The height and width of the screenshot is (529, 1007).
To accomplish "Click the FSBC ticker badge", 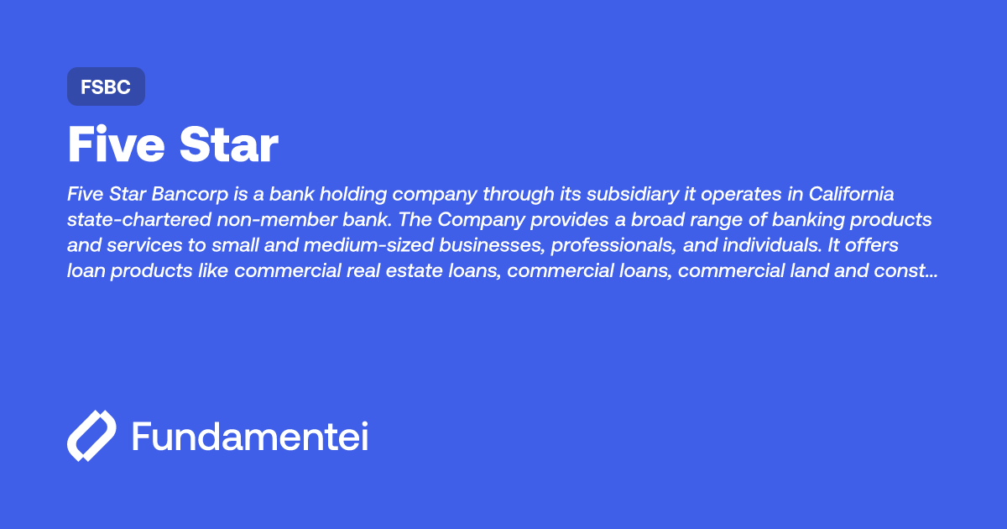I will point(106,86).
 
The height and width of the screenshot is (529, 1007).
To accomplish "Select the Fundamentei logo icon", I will point(91,436).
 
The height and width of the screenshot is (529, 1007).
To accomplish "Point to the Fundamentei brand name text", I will point(250,436).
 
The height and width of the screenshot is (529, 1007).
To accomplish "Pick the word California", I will point(852,195).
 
